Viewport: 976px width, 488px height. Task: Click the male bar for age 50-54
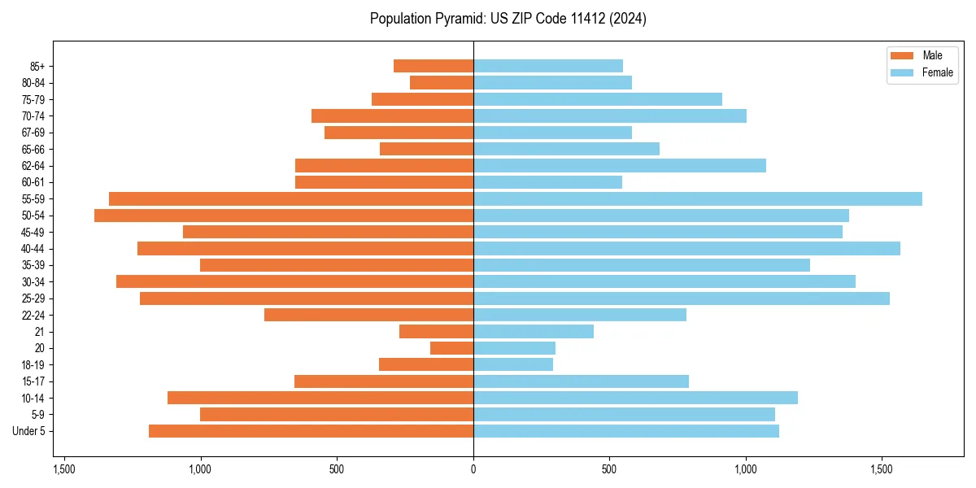pyautogui.click(x=283, y=216)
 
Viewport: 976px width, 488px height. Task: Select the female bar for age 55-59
pyautogui.click(x=697, y=198)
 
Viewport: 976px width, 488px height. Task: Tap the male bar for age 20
pyautogui.click(x=451, y=348)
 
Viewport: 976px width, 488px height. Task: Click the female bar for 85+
pyautogui.click(x=547, y=66)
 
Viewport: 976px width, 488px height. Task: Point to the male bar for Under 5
pyautogui.click(x=311, y=431)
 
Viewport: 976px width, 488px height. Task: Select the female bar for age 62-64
pyautogui.click(x=619, y=166)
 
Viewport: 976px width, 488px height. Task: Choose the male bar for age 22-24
pyautogui.click(x=368, y=315)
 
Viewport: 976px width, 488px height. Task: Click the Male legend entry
pyautogui.click(x=932, y=55)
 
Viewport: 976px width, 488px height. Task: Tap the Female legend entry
pyautogui.click(x=937, y=72)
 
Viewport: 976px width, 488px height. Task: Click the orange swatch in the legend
pyautogui.click(x=902, y=55)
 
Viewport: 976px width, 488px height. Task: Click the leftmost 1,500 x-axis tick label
pyautogui.click(x=64, y=469)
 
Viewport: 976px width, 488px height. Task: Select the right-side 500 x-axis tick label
pyautogui.click(x=609, y=469)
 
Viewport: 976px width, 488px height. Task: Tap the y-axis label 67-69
pyautogui.click(x=33, y=133)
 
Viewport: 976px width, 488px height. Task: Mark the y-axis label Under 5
pyautogui.click(x=28, y=431)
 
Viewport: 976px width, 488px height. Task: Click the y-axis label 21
pyautogui.click(x=40, y=332)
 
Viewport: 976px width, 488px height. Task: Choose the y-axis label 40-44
pyautogui.click(x=33, y=249)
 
